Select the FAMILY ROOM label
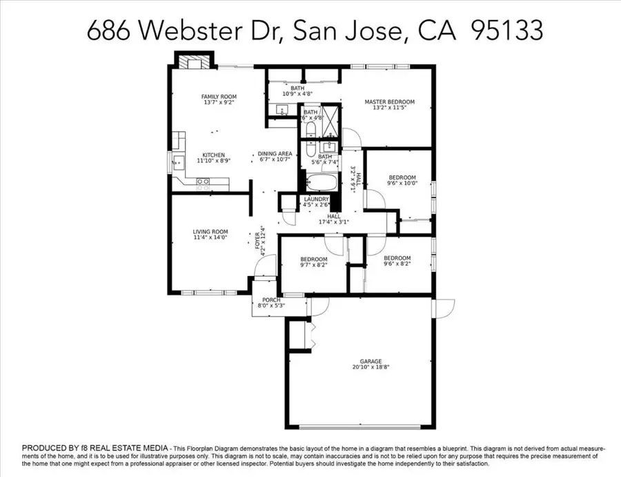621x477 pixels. (219, 97)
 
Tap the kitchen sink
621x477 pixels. (178, 164)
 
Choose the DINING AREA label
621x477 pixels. (275, 154)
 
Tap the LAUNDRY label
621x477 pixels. (316, 199)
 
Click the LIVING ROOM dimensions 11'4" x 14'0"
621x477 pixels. (210, 237)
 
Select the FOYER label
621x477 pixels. (257, 242)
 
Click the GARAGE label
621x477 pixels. (370, 360)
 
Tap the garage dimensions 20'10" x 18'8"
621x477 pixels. (370, 367)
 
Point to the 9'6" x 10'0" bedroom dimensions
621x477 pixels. (400, 184)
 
